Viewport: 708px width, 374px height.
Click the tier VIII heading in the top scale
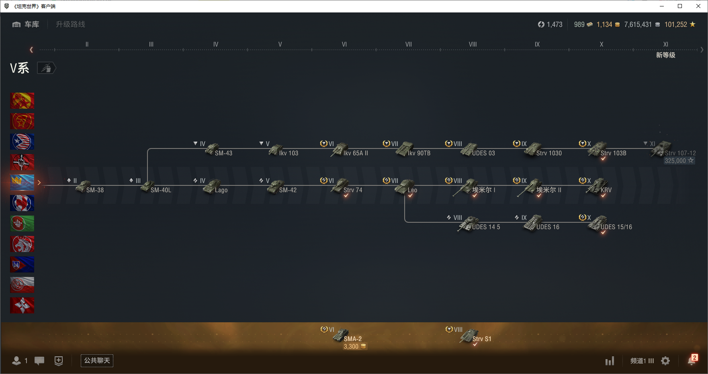[x=473, y=45]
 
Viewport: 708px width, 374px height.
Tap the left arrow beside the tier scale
[x=31, y=50]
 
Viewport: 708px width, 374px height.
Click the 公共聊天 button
[x=97, y=360]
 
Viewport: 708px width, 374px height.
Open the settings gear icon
[x=665, y=361]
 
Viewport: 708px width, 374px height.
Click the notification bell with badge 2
[x=692, y=360]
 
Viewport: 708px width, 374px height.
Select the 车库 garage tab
[x=26, y=24]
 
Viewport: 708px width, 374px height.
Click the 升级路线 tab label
[x=70, y=24]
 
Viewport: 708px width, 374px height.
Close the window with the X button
[x=698, y=6]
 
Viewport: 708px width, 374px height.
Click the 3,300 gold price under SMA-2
[x=354, y=347]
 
